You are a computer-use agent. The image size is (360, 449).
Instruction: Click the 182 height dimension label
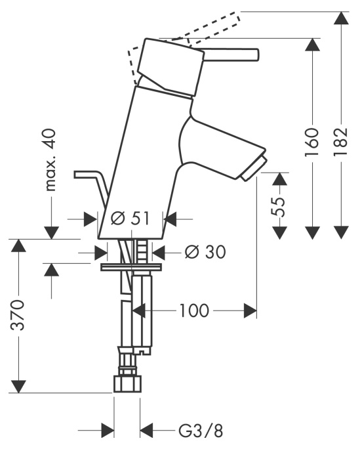(x=340, y=141)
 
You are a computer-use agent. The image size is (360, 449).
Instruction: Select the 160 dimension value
(x=311, y=142)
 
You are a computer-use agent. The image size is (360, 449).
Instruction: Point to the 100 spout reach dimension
(x=194, y=310)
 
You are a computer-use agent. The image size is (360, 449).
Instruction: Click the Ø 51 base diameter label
(x=130, y=219)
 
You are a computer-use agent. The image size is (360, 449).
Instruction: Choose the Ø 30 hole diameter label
(x=205, y=252)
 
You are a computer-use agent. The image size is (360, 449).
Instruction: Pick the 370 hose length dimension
(x=18, y=314)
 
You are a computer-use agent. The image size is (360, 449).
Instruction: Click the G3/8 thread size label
(x=201, y=431)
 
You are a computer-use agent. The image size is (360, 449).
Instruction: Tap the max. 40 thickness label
(x=50, y=160)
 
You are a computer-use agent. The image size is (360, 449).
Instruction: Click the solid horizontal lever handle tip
(x=257, y=54)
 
